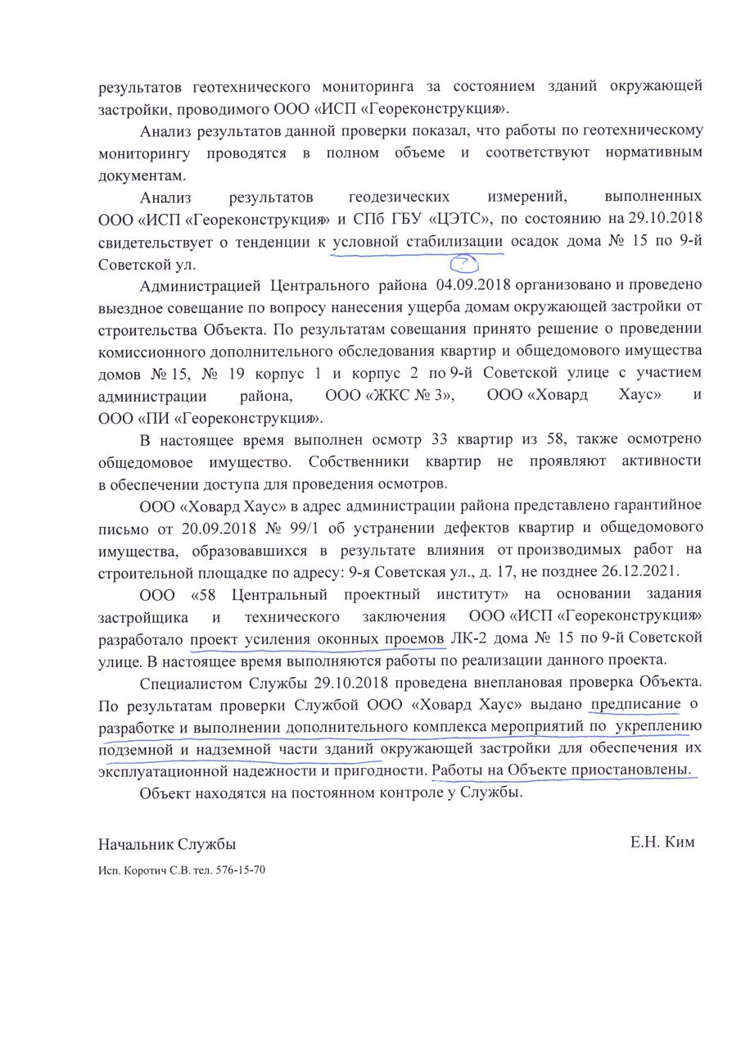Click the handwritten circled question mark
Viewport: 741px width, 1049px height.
click(464, 263)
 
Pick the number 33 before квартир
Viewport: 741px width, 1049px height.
click(330, 440)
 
